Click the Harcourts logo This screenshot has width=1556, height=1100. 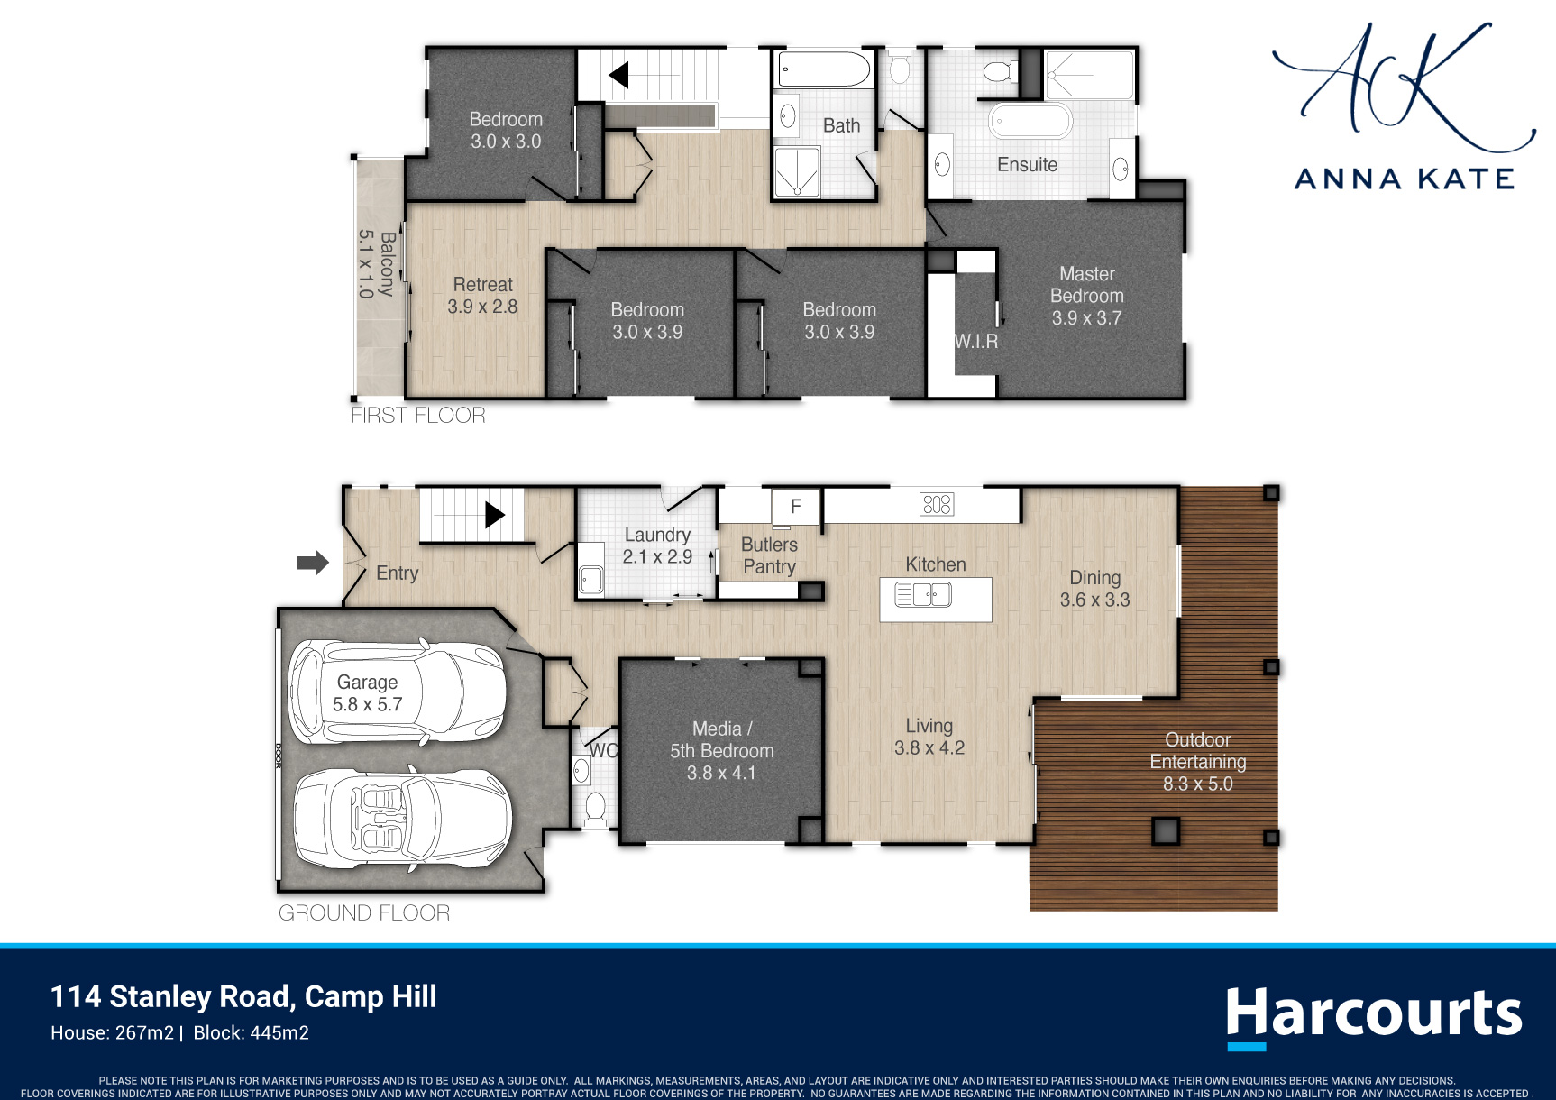point(1374,1017)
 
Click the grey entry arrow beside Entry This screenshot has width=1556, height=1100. point(313,563)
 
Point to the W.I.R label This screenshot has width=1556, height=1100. point(976,342)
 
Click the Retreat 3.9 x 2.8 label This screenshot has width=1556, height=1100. point(482,296)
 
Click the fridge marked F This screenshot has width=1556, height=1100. point(796,507)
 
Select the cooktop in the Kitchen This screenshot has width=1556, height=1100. point(937,504)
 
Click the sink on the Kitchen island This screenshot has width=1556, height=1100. point(923,595)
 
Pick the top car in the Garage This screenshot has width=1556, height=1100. point(397,692)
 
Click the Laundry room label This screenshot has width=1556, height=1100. point(657,546)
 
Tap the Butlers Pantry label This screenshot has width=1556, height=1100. point(769,555)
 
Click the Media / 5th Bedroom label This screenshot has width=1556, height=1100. point(721,751)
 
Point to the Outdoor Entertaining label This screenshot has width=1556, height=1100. point(1198,762)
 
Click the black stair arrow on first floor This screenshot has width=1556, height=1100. point(619,75)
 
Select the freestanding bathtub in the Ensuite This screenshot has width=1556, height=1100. point(1031,121)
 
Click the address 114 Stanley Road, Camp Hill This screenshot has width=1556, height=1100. point(243,997)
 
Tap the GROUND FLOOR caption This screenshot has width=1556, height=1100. point(364,913)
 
